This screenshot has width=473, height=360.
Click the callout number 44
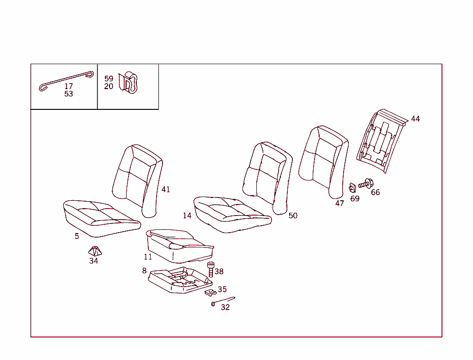click(x=415, y=119)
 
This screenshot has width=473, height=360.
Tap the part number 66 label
click(x=375, y=192)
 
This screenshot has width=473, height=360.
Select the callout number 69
click(x=355, y=198)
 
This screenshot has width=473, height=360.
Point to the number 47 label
click(x=340, y=203)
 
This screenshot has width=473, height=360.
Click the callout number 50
click(x=293, y=216)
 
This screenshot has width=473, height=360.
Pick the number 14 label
click(x=187, y=216)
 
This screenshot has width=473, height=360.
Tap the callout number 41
click(x=165, y=189)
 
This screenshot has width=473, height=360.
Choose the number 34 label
click(x=94, y=261)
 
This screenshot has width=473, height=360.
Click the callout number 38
click(x=219, y=271)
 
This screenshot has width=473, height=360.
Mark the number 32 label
click(x=225, y=307)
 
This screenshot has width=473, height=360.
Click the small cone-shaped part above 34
click(x=95, y=251)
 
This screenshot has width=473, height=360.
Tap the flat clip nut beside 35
click(x=210, y=292)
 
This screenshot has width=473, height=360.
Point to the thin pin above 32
click(x=223, y=301)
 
